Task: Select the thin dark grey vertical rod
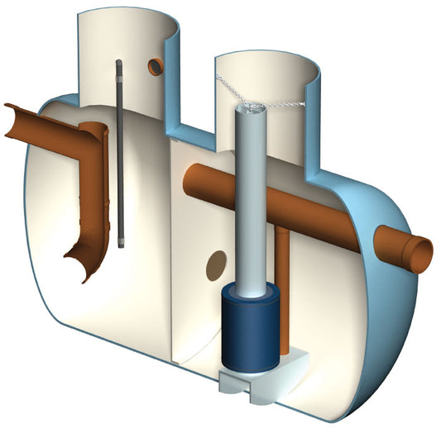tap(120, 157)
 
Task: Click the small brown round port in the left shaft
tap(155, 67)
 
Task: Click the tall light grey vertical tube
tap(249, 198)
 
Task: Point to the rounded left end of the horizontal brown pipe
tap(188, 175)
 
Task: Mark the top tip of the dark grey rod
tap(118, 63)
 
